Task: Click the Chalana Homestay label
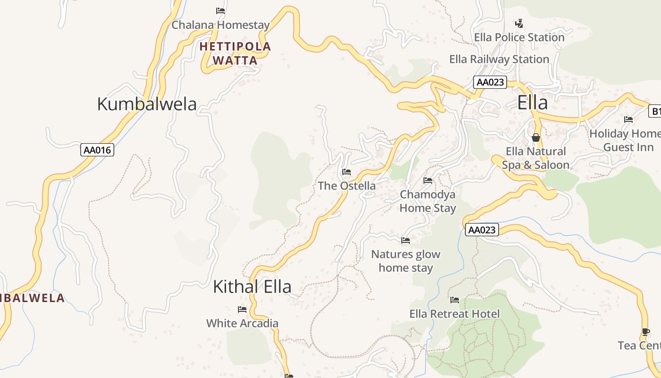220,25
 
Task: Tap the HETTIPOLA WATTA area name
235,53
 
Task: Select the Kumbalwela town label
146,104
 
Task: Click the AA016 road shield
97,150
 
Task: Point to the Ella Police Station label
519,37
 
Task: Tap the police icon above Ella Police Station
519,23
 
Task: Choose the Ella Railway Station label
499,60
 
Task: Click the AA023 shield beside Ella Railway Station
490,82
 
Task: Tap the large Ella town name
533,103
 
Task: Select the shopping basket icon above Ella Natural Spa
536,137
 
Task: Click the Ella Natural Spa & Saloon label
535,158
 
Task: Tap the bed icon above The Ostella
347,172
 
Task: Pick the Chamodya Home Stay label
428,201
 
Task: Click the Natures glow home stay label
406,261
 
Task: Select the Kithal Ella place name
252,287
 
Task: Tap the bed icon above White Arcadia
242,309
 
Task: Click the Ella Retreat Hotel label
454,314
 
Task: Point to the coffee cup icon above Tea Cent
645,332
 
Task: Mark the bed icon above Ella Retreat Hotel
455,300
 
